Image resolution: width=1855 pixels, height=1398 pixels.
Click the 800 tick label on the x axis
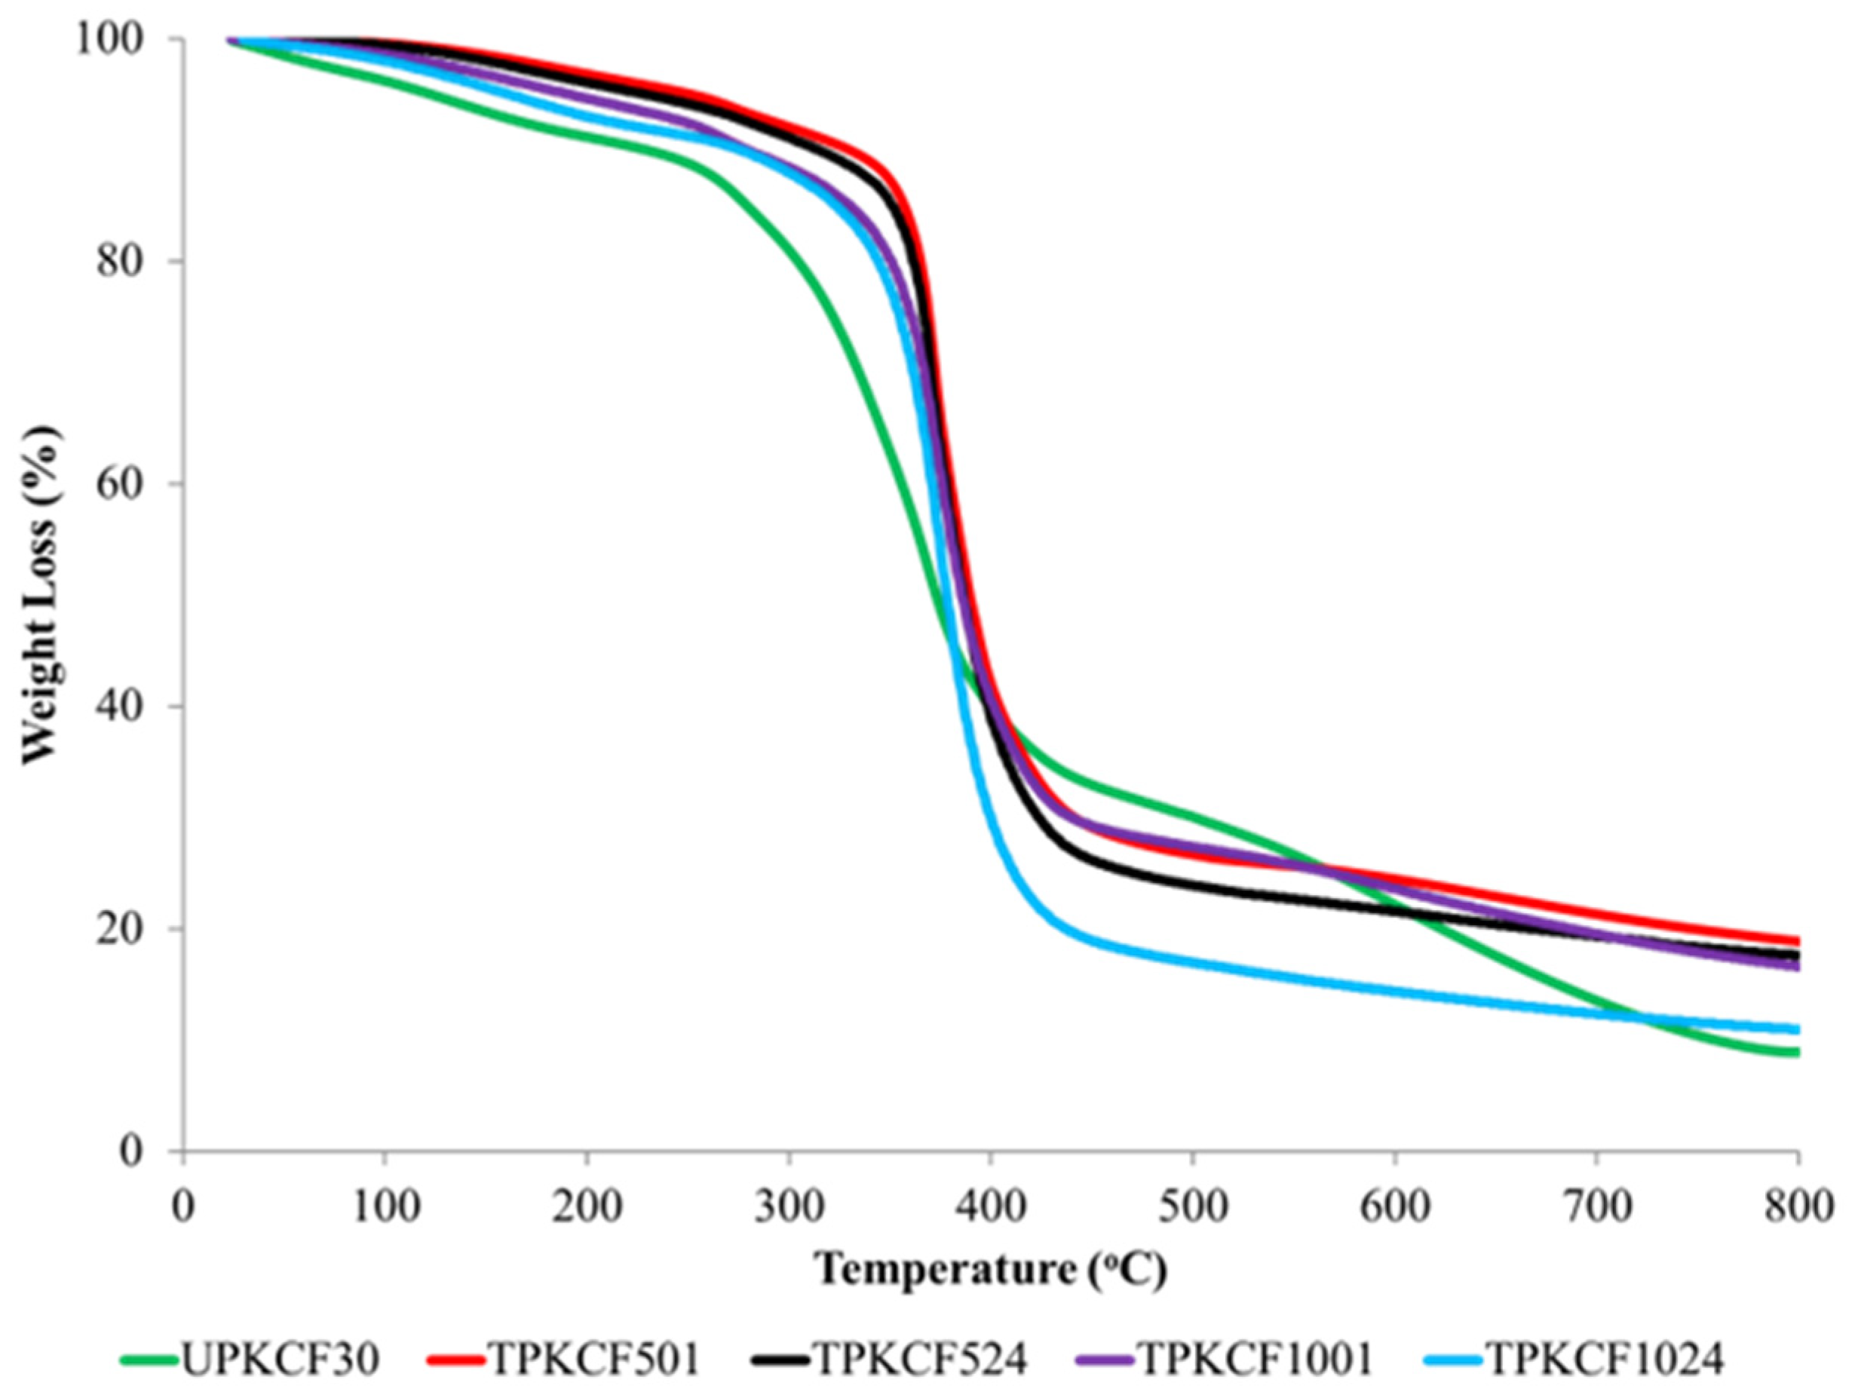point(1797,1208)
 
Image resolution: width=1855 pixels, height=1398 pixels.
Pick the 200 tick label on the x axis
point(586,1208)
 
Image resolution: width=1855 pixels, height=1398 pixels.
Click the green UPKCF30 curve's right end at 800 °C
point(1795,1053)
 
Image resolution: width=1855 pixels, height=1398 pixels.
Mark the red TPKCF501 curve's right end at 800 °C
point(1795,941)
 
